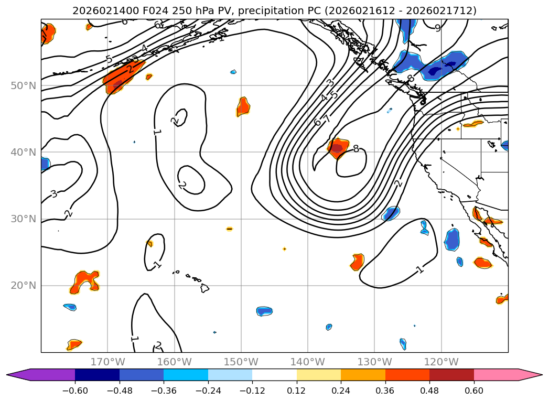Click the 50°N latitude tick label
[24, 85]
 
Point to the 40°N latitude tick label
[24, 152]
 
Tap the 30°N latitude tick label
[24, 219]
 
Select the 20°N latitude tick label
[24, 285]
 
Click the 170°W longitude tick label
[107, 362]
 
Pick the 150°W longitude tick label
[241, 362]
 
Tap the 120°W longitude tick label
[441, 362]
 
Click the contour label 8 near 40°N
[356, 149]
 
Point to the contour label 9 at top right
[438, 28]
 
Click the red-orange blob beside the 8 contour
[338, 148]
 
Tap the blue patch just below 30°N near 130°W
[391, 213]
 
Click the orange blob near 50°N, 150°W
[243, 106]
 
